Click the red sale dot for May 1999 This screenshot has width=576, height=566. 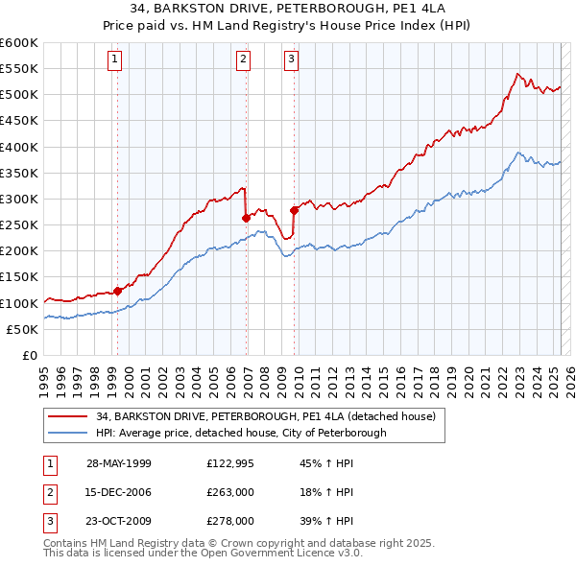click(x=118, y=291)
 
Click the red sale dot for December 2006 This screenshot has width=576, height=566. click(x=247, y=218)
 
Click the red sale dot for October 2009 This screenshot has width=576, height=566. click(x=295, y=210)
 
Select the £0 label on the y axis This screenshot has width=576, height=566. click(x=29, y=355)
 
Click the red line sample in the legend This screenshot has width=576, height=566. click(x=67, y=416)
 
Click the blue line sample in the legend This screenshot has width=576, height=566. click(x=67, y=433)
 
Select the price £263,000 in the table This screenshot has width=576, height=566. click(x=230, y=492)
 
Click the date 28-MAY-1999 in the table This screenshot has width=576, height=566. click(x=118, y=463)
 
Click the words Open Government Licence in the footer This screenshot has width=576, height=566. click(x=270, y=554)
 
